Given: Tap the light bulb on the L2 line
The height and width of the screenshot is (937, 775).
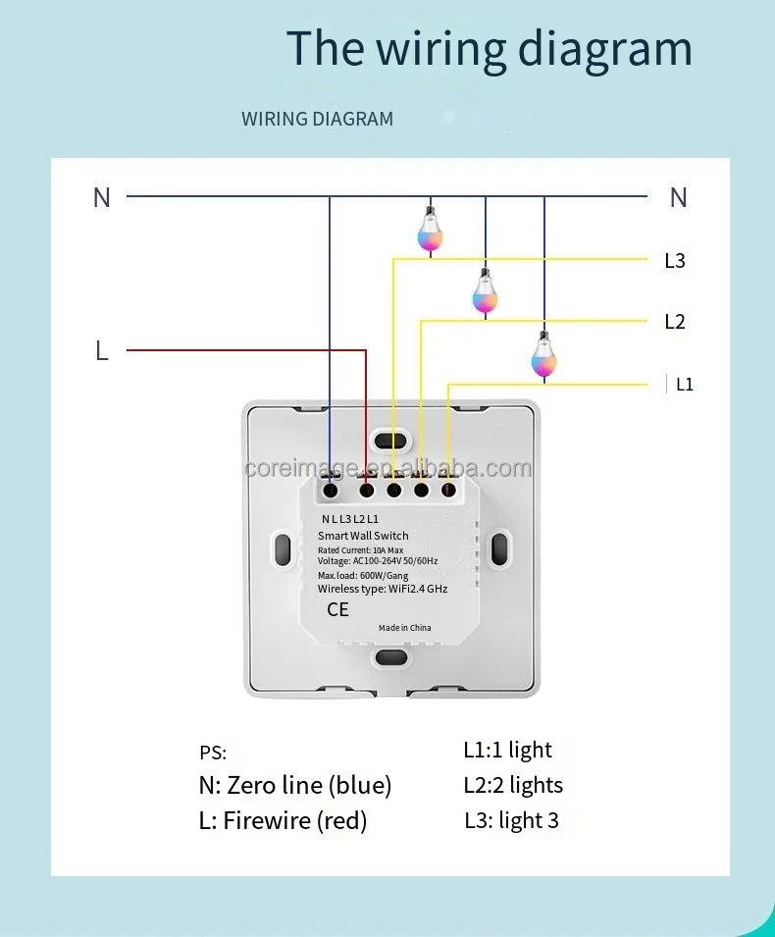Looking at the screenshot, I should tap(485, 291).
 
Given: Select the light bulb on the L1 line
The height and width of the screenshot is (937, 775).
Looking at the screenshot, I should tap(543, 355).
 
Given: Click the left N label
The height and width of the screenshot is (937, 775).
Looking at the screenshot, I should tap(102, 197).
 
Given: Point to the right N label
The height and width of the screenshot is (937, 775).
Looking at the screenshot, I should tap(678, 197).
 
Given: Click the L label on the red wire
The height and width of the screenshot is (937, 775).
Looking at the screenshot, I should tap(102, 350).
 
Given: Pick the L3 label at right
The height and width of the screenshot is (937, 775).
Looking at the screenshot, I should tap(675, 261).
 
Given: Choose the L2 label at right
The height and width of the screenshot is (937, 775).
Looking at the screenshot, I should tap(675, 322).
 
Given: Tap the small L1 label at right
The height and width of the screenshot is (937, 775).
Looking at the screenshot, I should tap(685, 385).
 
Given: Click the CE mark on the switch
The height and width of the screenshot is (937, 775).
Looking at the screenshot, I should tap(337, 609).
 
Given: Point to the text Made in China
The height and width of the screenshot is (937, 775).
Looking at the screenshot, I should tap(405, 628).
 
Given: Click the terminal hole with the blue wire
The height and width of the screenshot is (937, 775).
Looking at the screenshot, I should tap(332, 490).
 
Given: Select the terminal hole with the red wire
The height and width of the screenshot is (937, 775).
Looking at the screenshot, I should tap(367, 490).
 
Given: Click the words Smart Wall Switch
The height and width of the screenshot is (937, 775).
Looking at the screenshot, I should tap(363, 536).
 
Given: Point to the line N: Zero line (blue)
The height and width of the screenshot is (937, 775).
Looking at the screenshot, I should tap(295, 785).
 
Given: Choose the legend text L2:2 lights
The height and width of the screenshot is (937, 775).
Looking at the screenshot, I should tap(513, 785).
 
